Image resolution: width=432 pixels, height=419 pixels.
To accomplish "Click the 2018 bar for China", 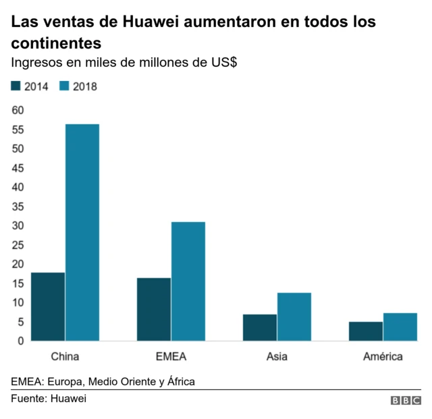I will tap(82, 232).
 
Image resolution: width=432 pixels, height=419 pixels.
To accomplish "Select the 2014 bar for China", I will tap(48, 306).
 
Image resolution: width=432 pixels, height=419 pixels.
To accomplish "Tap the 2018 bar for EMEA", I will tap(188, 281).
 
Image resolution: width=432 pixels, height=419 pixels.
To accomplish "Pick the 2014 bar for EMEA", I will tap(154, 309).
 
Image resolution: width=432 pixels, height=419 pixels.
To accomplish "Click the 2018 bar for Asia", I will tap(294, 316).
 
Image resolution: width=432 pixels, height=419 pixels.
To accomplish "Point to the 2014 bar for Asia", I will tap(260, 327).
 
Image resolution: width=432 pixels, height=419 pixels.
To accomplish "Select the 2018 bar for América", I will tap(400, 327).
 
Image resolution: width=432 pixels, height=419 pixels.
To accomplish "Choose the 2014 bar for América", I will tap(366, 331).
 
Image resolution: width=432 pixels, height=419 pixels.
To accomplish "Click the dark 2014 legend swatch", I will tap(16, 86).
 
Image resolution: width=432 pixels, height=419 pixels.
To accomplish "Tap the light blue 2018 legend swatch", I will tap(65, 86).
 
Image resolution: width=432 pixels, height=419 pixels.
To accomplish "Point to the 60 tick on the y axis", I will tap(18, 110).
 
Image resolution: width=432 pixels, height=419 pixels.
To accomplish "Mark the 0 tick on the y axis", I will tap(21, 341).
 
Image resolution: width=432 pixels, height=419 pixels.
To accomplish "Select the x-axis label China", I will tap(65, 356).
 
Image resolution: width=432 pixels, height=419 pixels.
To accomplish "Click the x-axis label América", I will tap(383, 356).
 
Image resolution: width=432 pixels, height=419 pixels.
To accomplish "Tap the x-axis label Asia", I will tap(277, 356).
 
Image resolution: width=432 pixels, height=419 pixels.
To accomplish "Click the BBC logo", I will tap(406, 400).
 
